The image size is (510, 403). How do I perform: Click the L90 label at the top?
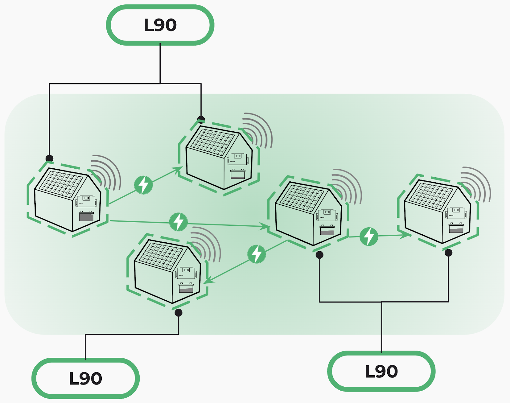160,25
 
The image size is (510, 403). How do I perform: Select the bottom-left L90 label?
85,378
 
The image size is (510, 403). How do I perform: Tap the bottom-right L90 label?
381,371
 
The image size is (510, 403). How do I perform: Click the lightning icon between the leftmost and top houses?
143,185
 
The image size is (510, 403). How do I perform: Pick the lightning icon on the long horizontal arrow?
178,222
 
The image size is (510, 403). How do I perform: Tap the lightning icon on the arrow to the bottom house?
257,254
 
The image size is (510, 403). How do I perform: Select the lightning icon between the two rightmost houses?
369,237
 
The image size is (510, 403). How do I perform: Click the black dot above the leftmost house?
49,158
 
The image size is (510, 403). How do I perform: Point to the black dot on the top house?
201,120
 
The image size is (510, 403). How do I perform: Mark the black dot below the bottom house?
178,313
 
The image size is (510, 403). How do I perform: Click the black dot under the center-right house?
319,255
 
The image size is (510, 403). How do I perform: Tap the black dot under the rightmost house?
448,253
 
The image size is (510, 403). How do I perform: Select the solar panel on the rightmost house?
430,195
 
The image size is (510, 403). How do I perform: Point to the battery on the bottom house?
186,288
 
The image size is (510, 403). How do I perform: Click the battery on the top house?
238,174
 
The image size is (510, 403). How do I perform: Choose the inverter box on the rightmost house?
456,212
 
